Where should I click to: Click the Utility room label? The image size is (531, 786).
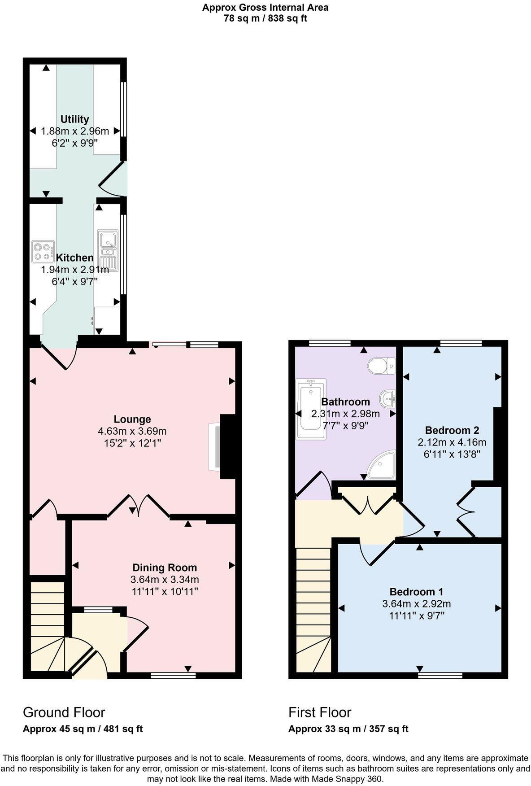[x=75, y=119]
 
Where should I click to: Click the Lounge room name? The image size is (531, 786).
[x=132, y=419]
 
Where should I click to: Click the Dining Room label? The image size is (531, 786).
[x=165, y=568]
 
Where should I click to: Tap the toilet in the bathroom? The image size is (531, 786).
[x=381, y=366]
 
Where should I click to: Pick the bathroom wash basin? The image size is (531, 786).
[x=388, y=397]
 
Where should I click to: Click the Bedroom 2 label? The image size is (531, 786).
[x=452, y=430]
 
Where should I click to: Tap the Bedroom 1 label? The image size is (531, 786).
[x=416, y=592]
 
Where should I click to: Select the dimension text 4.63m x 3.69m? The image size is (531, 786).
[x=132, y=432]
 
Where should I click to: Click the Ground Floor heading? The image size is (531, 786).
[x=64, y=712]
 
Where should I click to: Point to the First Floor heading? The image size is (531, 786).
[x=320, y=712]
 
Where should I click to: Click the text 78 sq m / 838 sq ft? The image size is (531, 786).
[x=265, y=18]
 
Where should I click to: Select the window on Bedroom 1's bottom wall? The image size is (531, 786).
[x=440, y=675]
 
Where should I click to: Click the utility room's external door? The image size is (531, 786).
[x=112, y=179]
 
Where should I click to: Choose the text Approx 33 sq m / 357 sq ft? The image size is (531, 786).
[x=348, y=729]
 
